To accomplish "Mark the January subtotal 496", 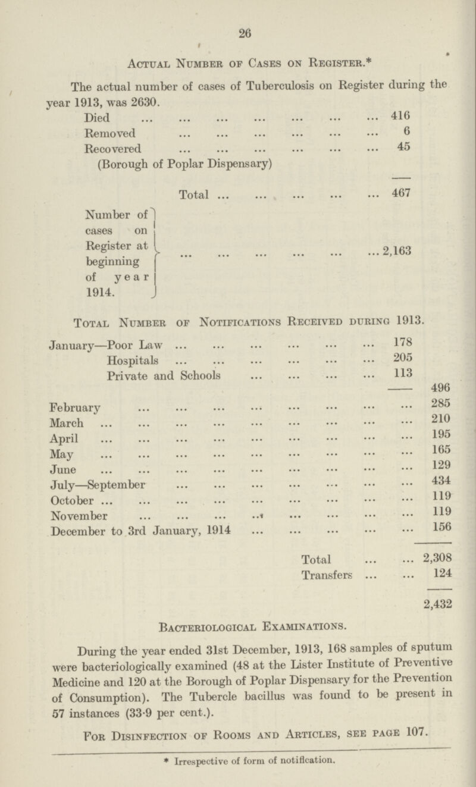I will [441, 395].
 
